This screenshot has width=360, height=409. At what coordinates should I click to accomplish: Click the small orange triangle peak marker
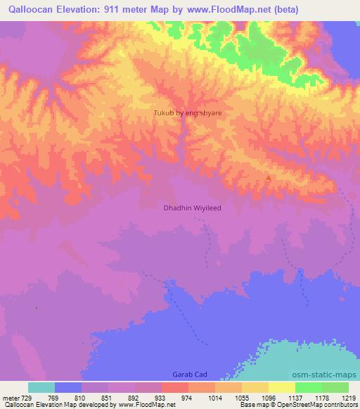click(x=267, y=178)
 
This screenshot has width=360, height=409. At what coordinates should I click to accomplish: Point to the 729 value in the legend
click(x=25, y=397)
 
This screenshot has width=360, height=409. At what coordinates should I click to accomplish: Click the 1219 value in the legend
click(x=349, y=397)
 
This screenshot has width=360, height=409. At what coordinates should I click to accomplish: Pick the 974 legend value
click(x=187, y=397)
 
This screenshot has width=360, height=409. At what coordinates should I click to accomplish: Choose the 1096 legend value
click(x=268, y=397)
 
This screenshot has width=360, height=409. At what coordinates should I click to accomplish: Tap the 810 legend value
click(x=79, y=397)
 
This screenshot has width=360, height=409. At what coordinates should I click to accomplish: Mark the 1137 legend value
click(x=295, y=397)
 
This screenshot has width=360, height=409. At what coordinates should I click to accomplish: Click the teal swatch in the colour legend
click(x=41, y=387)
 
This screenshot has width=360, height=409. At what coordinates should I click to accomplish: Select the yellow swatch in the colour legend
click(x=281, y=387)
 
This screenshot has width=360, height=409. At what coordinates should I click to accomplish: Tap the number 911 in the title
click(x=127, y=10)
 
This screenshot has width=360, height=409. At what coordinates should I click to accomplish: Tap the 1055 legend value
click(x=241, y=397)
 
